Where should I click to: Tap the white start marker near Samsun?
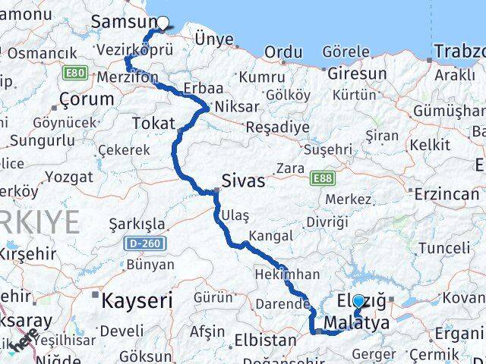(x=162, y=23)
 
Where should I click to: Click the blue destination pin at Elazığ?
(x=358, y=301)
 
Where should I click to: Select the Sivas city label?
(x=243, y=181)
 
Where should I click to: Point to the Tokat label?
(x=153, y=123)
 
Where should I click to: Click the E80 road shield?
(x=75, y=73)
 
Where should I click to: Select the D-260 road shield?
(x=141, y=244)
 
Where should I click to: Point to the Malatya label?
(x=356, y=324)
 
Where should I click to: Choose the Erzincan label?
(x=447, y=194)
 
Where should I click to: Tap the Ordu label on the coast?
(x=282, y=53)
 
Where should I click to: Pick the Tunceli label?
(x=444, y=248)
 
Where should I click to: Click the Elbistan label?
(x=265, y=340)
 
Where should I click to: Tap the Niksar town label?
(x=237, y=107)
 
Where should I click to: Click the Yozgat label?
(x=68, y=177)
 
